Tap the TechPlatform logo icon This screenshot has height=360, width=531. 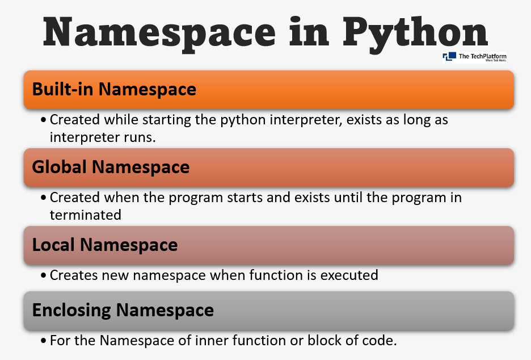coord(449,56)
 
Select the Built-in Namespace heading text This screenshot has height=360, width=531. coord(114,89)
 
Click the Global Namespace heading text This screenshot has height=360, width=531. coord(111,167)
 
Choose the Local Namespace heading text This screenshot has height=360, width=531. coord(105,245)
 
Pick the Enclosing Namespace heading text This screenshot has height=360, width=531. coord(123,310)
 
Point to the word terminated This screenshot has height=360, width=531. coord(85,215)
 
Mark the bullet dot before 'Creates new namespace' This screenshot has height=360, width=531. coord(44,275)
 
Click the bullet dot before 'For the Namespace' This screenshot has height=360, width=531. coord(44,341)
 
